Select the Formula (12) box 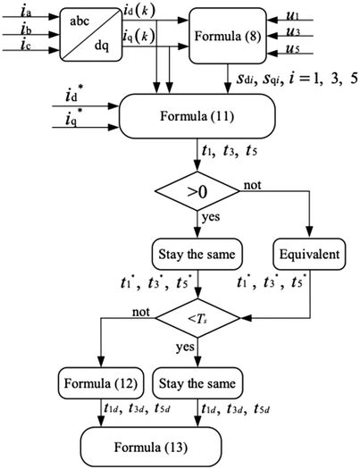coord(99,384)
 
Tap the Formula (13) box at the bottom coord(196,445)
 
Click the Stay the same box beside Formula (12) coord(196,384)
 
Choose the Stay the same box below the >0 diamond coord(196,254)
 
